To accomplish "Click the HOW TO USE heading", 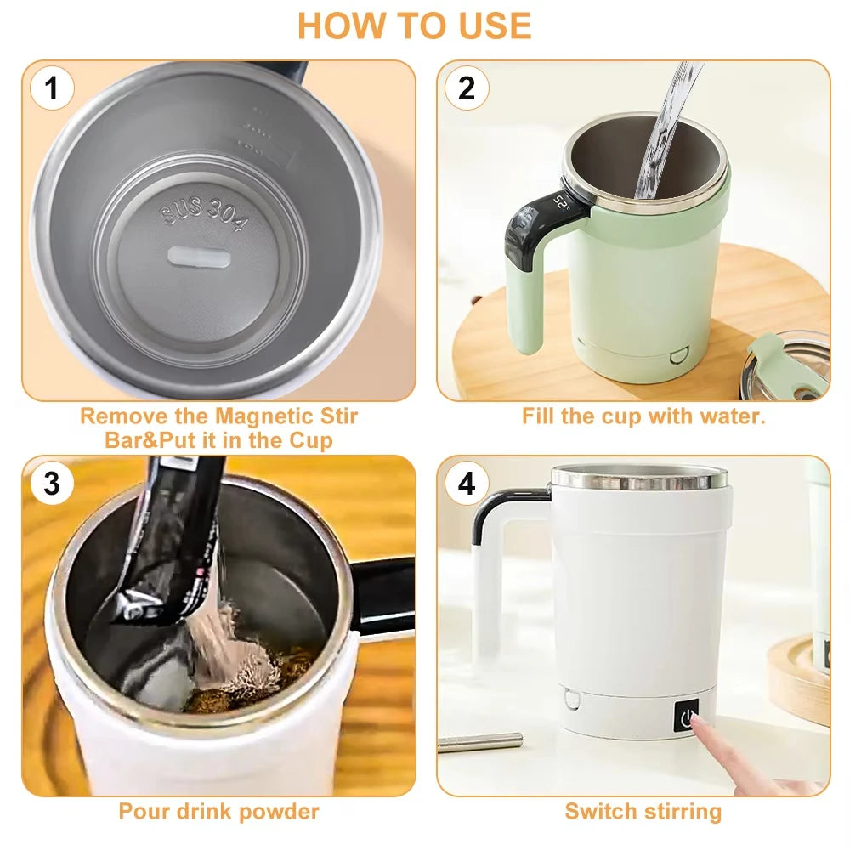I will [414, 25].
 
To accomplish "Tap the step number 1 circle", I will [53, 88].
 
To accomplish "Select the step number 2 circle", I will [467, 88].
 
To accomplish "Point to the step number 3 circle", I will [53, 484].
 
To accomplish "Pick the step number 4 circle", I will [467, 484].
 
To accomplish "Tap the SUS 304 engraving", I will [206, 215].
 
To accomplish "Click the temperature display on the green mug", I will [561, 203].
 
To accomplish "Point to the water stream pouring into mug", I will [662, 127].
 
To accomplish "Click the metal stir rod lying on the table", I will [480, 741].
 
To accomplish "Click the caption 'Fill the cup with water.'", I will [643, 416].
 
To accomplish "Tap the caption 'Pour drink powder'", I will [218, 811].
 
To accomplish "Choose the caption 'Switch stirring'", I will [643, 811].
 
